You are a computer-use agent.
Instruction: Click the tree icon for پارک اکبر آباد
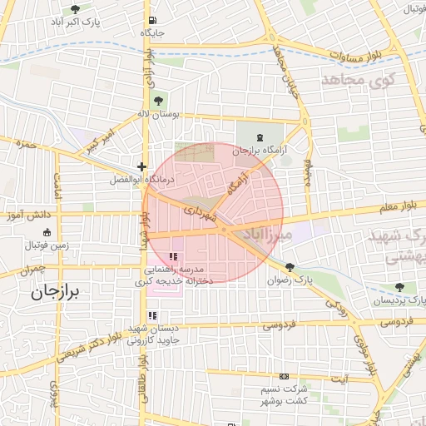tap(76, 9)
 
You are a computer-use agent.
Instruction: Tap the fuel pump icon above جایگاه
tap(151, 21)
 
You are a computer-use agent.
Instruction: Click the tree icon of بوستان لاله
tap(159, 101)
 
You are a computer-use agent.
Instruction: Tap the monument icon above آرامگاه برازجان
tap(260, 138)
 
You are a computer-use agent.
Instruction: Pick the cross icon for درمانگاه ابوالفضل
tap(142, 166)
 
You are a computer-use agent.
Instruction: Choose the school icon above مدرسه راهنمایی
tap(173, 257)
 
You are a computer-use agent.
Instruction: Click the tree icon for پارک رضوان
tap(290, 268)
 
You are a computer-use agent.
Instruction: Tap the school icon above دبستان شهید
tap(151, 316)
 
